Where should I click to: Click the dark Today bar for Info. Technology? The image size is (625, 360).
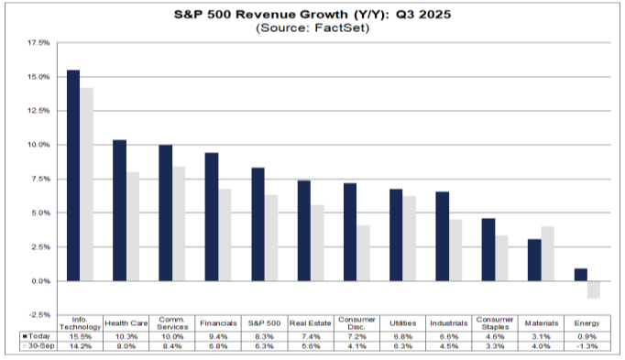tap(72, 175)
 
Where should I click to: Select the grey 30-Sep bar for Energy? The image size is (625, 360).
tap(593, 289)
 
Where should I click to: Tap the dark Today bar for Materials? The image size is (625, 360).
tap(535, 260)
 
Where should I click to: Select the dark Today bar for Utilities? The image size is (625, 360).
tap(396, 235)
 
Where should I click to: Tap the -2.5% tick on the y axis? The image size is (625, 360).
tap(38, 315)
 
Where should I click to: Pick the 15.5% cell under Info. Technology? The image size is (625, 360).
tap(80, 337)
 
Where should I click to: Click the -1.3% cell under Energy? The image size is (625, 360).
tap(587, 347)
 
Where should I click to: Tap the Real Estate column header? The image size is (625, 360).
tap(310, 323)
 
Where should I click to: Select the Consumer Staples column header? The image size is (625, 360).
tap(495, 323)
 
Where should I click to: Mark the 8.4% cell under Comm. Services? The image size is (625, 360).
tap(171, 347)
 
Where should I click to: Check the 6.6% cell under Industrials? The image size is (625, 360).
tap(448, 337)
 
